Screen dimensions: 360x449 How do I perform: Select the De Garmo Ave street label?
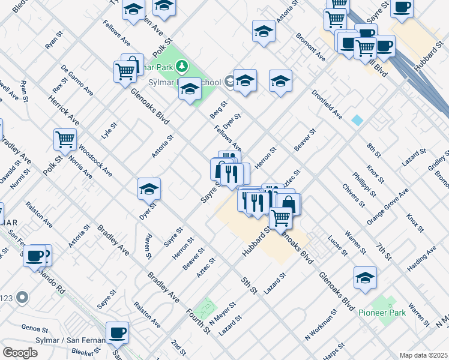pos(77,80)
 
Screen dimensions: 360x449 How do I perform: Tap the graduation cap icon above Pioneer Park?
pos(365,278)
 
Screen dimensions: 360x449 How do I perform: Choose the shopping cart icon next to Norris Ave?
pos(65,140)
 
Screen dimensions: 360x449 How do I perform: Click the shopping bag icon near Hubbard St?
pos(289,204)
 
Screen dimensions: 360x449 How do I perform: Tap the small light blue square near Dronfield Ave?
pos(358,120)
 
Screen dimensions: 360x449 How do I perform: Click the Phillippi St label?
pos(364,186)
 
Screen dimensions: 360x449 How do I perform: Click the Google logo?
pos(20,352)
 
